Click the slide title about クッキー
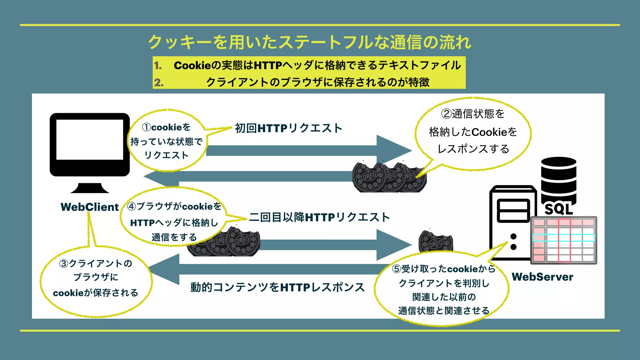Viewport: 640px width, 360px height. [x=309, y=42]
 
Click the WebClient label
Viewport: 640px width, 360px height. [x=90, y=207]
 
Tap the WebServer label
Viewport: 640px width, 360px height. [x=542, y=277]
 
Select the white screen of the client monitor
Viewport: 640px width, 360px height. [x=90, y=139]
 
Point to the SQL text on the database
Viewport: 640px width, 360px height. [x=559, y=209]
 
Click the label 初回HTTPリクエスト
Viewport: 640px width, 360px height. [x=288, y=128]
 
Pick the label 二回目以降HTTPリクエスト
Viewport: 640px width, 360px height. [x=319, y=217]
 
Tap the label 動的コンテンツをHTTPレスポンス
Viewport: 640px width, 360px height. [x=277, y=287]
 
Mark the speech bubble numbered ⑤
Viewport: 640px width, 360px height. [x=444, y=289]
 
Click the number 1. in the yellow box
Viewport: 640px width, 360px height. [x=158, y=66]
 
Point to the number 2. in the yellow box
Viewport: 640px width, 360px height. [x=159, y=82]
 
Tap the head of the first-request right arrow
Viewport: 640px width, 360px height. [x=394, y=151]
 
